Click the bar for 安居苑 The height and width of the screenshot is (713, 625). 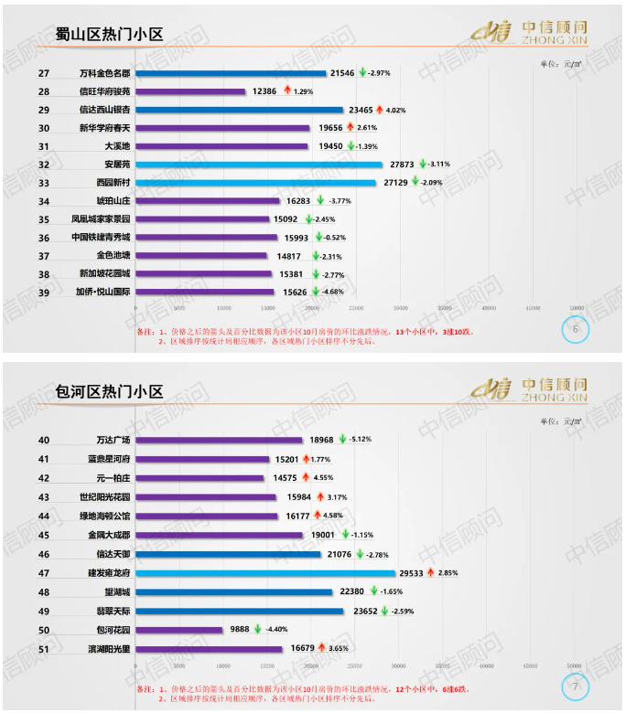pos(261,165)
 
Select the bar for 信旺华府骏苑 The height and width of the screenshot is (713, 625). pos(192,91)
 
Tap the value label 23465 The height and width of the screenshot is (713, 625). pos(358,110)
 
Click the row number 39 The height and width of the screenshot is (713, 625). pos(44,292)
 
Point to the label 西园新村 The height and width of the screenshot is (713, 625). pos(116,183)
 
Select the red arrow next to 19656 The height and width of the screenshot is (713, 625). pos(349,127)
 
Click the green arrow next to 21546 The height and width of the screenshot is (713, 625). pos(362,72)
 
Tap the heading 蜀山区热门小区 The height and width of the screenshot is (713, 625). pos(109,35)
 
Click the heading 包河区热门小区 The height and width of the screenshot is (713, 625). pos(109,392)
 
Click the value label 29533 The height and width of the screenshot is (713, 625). pos(412,573)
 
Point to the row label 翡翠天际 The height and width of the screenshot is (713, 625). pos(115,611)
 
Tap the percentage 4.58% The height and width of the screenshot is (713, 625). pos(339,516)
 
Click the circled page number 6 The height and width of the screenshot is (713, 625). pos(575,330)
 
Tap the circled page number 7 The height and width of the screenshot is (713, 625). pos(575,686)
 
